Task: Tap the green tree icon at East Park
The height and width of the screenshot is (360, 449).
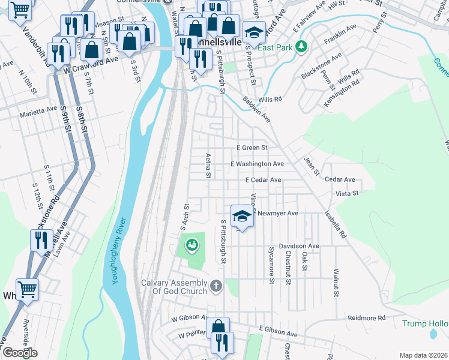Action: pyautogui.click(x=303, y=46)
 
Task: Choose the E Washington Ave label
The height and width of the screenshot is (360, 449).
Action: pyautogui.click(x=257, y=164)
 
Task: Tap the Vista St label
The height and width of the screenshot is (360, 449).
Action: pyautogui.click(x=346, y=193)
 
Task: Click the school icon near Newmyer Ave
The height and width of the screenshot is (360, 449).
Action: pyautogui.click(x=241, y=216)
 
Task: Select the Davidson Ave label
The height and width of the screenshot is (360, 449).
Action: pyautogui.click(x=298, y=246)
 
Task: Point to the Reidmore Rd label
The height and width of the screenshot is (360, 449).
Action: pyautogui.click(x=366, y=317)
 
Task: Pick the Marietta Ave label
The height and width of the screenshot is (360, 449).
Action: pyautogui.click(x=38, y=110)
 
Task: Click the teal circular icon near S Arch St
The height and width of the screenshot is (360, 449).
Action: pyautogui.click(x=191, y=244)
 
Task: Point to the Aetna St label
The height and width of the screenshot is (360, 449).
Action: pyautogui.click(x=208, y=164)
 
